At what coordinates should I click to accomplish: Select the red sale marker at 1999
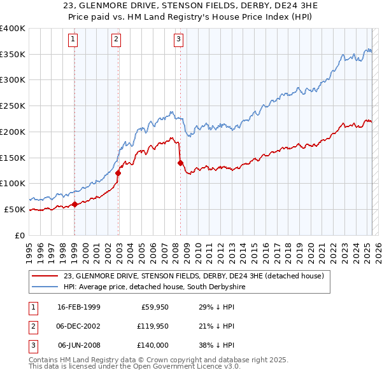(x=74, y=204)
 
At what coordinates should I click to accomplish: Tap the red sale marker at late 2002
(x=118, y=172)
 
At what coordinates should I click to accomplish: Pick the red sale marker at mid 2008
(x=180, y=163)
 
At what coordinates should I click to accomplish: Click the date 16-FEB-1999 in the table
(x=79, y=308)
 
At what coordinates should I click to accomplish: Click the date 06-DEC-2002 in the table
(x=79, y=326)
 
